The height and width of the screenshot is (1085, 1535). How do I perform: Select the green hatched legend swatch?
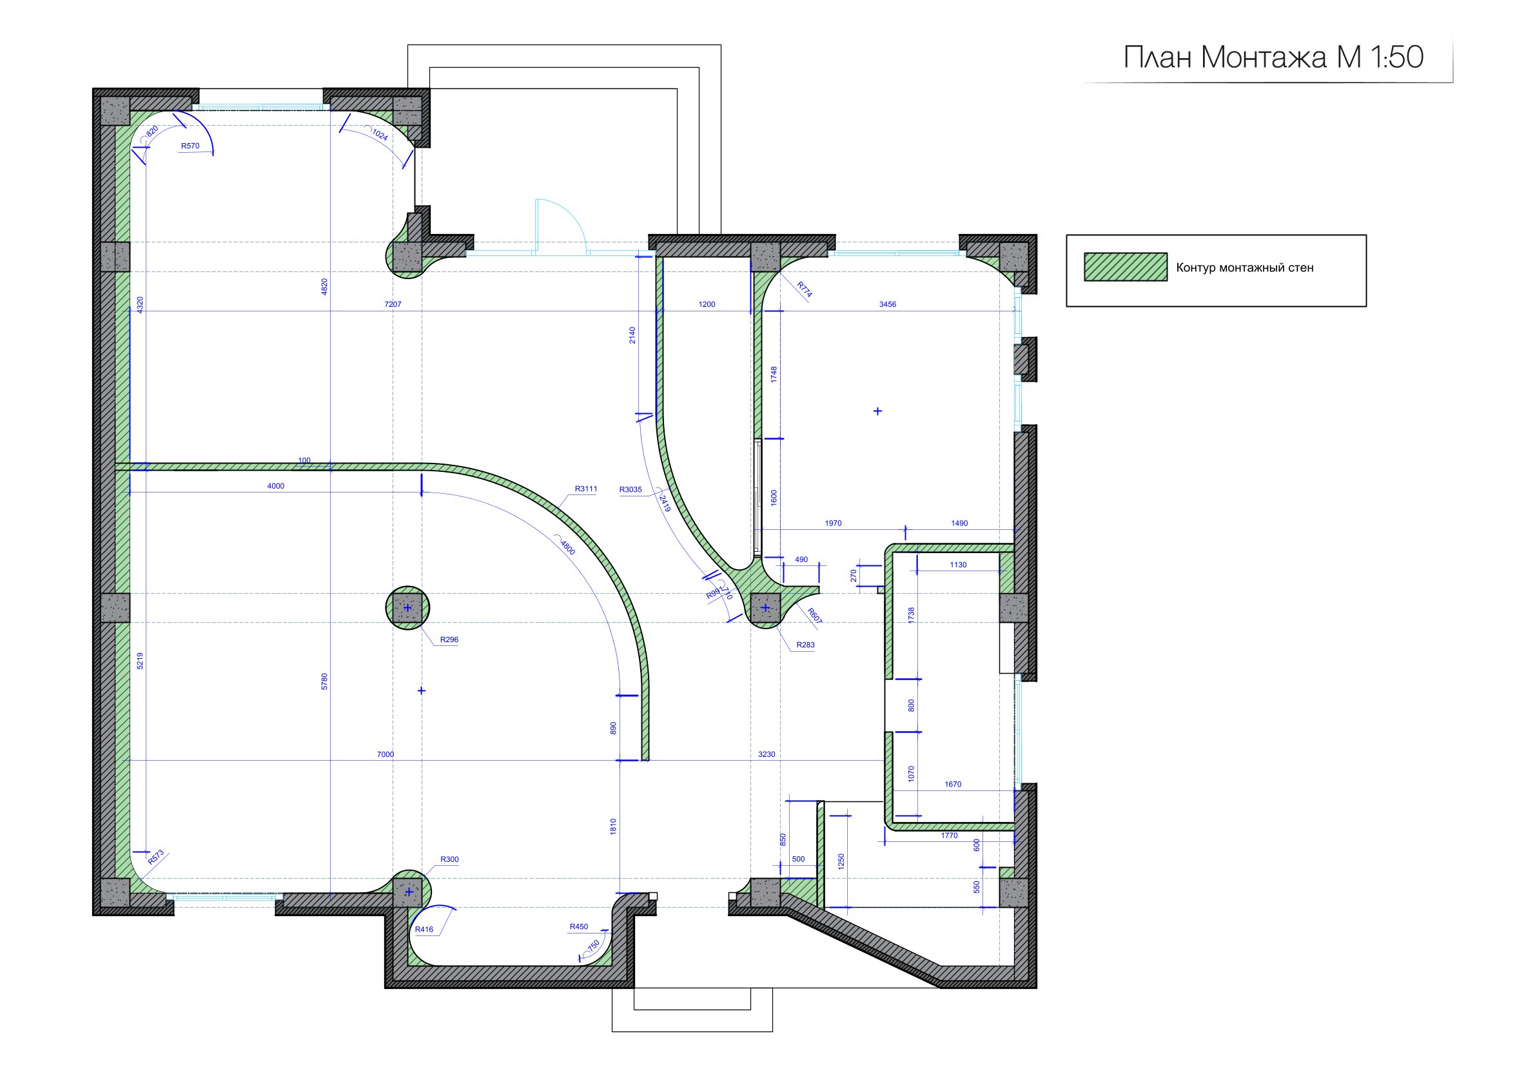coord(1125,267)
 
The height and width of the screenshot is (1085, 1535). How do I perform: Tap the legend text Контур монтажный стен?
coord(1245,268)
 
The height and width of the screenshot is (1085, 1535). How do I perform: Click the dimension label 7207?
coord(393,304)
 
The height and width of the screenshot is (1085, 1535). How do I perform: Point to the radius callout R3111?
coord(585,489)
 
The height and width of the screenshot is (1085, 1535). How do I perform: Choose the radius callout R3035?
coord(631,489)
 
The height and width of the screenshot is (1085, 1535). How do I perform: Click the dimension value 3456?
coord(887,304)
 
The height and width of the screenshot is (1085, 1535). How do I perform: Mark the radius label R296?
coord(449,640)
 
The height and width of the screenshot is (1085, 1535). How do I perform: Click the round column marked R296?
coord(407,608)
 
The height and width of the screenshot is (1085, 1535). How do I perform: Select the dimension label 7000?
coord(385,754)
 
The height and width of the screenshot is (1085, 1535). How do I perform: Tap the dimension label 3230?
coord(766,754)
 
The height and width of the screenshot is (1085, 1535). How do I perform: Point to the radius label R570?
coord(191,146)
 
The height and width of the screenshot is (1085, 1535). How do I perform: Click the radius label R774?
coord(805,289)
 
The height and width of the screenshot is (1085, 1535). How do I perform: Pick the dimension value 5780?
coord(324,681)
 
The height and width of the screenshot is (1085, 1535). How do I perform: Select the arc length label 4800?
coord(567,547)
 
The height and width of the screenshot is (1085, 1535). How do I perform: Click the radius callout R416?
coord(424,929)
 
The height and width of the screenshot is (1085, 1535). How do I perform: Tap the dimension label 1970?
coord(833,523)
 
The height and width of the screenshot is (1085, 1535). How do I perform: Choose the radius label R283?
coord(806,645)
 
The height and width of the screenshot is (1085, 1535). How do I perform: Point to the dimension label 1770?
coord(950,836)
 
